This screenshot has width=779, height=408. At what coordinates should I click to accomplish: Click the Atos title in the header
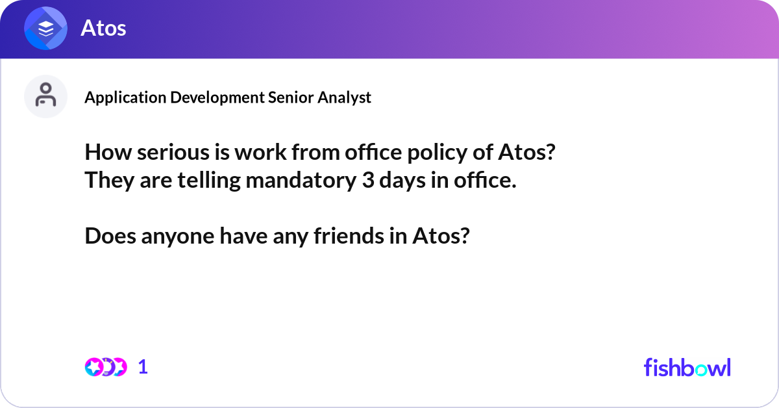point(103,28)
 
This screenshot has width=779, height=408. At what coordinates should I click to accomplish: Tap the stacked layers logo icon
point(45,28)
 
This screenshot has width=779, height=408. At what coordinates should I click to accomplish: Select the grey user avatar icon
point(45,96)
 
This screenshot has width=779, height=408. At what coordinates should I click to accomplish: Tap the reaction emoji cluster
point(105,367)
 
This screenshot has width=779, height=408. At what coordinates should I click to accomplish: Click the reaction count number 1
point(143,367)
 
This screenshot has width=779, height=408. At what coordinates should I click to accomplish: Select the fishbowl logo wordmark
point(687,367)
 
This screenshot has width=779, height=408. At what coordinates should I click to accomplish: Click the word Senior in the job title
point(290,97)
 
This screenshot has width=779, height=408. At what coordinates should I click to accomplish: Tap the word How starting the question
point(105,155)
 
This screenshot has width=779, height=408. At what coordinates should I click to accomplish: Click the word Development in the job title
point(217,97)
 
